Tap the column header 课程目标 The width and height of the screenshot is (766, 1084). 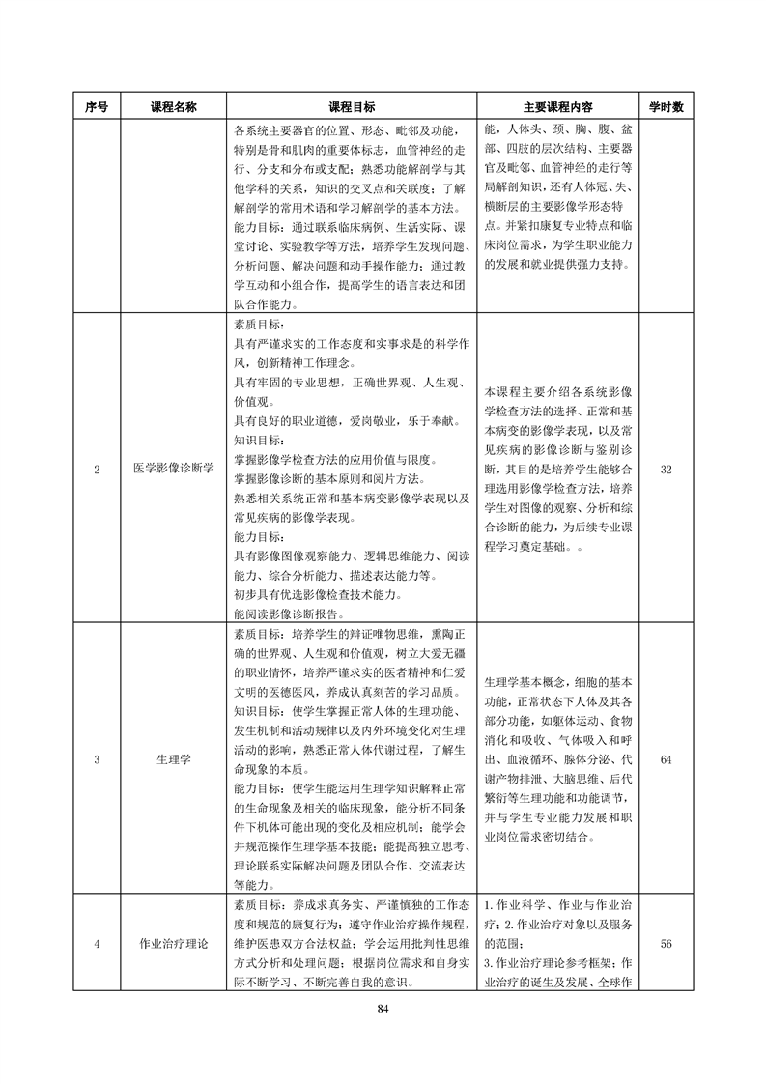coord(353,107)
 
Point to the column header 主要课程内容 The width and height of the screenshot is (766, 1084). coord(557,107)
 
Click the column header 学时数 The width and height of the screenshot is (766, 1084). coord(666,107)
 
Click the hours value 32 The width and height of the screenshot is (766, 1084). coord(666,470)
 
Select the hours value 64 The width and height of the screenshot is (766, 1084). coord(666,760)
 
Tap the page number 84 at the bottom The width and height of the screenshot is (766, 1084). coord(383,1009)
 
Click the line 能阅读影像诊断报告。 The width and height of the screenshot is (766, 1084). coord(290,613)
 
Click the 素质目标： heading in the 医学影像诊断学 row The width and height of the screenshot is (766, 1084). coord(260,325)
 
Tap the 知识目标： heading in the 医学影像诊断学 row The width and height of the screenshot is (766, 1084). coord(260,441)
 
